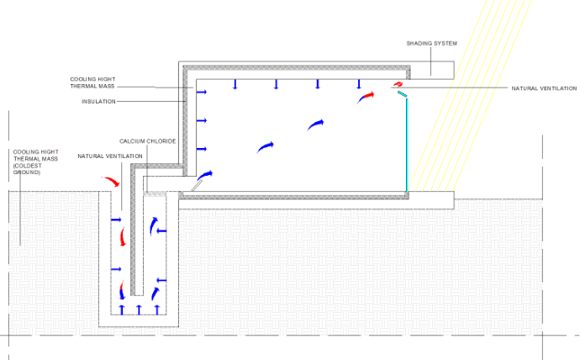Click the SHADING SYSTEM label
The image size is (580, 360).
[432, 43]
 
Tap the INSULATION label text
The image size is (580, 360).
[98, 102]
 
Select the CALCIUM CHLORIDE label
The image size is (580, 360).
[148, 141]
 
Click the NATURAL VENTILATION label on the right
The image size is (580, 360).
[544, 88]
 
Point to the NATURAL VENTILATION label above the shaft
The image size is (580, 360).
[110, 156]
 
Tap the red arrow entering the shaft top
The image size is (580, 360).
[111, 181]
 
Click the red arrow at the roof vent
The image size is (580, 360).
[398, 85]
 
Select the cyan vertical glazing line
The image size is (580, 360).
[407, 145]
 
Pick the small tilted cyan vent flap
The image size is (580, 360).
[402, 94]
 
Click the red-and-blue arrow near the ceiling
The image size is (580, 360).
[366, 98]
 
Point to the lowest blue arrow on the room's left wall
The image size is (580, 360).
[202, 149]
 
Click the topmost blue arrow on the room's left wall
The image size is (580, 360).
[202, 93]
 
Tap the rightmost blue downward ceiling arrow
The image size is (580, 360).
[358, 84]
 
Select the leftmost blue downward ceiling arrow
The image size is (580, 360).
[235, 84]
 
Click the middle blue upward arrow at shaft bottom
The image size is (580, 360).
[139, 310]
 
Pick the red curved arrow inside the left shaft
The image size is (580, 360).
[123, 237]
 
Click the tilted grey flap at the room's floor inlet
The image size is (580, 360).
[197, 185]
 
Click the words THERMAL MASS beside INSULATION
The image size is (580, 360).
[92, 86]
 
